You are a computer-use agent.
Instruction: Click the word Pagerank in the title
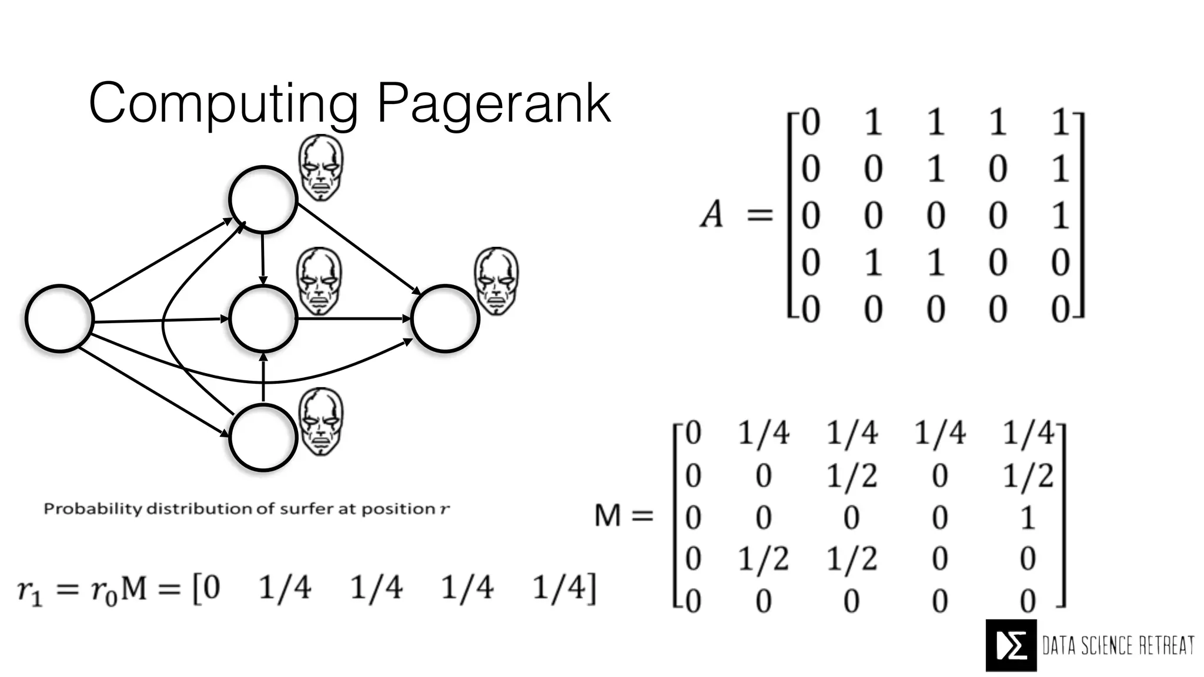click(x=493, y=104)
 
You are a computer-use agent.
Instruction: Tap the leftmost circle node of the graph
click(x=59, y=319)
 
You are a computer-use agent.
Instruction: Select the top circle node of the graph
click(x=262, y=199)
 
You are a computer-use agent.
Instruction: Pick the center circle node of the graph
click(x=263, y=319)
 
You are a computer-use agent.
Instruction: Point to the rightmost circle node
click(x=445, y=319)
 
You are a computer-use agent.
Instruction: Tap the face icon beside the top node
click(x=321, y=168)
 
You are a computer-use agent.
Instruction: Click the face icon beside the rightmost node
click(x=497, y=281)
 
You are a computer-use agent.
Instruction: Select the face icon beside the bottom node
click(x=321, y=421)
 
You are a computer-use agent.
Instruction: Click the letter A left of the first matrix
click(x=712, y=214)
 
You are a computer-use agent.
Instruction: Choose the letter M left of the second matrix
click(x=608, y=517)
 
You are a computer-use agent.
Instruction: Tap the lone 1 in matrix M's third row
click(x=1027, y=518)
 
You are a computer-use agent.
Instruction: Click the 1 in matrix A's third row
click(x=1060, y=216)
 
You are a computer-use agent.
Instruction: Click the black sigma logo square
click(x=1011, y=645)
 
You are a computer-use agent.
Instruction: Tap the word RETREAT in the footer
click(x=1166, y=646)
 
